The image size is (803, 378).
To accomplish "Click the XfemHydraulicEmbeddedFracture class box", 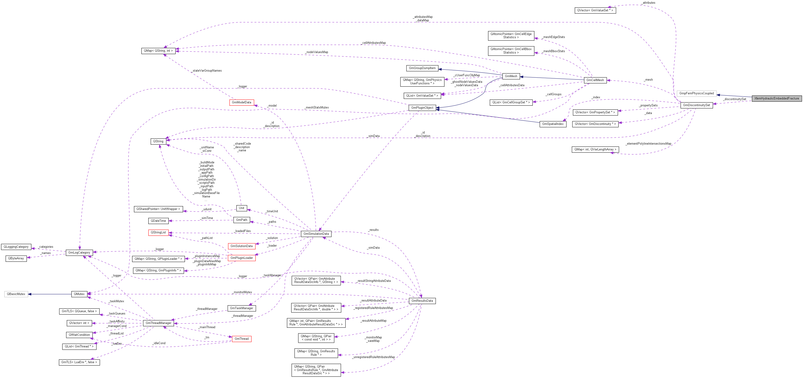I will tap(777, 98).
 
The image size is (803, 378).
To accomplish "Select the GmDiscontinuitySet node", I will tap(696, 105).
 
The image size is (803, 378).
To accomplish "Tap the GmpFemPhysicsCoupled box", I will tap(696, 93).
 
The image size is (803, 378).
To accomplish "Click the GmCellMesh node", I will tap(595, 80).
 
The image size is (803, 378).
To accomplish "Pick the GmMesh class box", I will tap(511, 76).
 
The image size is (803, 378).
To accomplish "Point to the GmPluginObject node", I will tap(422, 108).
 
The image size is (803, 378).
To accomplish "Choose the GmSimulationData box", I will tap(316, 234).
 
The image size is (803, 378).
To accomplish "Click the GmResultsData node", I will tap(422, 301).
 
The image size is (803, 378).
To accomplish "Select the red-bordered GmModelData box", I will tap(241, 102).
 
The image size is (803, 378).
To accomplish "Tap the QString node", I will tap(158, 141).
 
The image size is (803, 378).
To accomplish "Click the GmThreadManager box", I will tap(158, 323).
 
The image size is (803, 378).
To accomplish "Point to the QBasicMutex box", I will tap(16, 294).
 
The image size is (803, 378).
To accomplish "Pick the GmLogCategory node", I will tap(79, 252).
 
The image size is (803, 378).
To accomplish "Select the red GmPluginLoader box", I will tap(241, 258).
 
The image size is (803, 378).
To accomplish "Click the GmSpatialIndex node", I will tap(553, 124).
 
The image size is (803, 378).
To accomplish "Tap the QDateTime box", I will tap(158, 221).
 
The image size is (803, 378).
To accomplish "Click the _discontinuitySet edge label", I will tap(735, 99).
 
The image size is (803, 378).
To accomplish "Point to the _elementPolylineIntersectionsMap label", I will tap(648, 144).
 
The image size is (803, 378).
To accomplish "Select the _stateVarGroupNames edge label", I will tap(207, 71).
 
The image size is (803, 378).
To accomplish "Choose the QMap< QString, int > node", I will tap(158, 51).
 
